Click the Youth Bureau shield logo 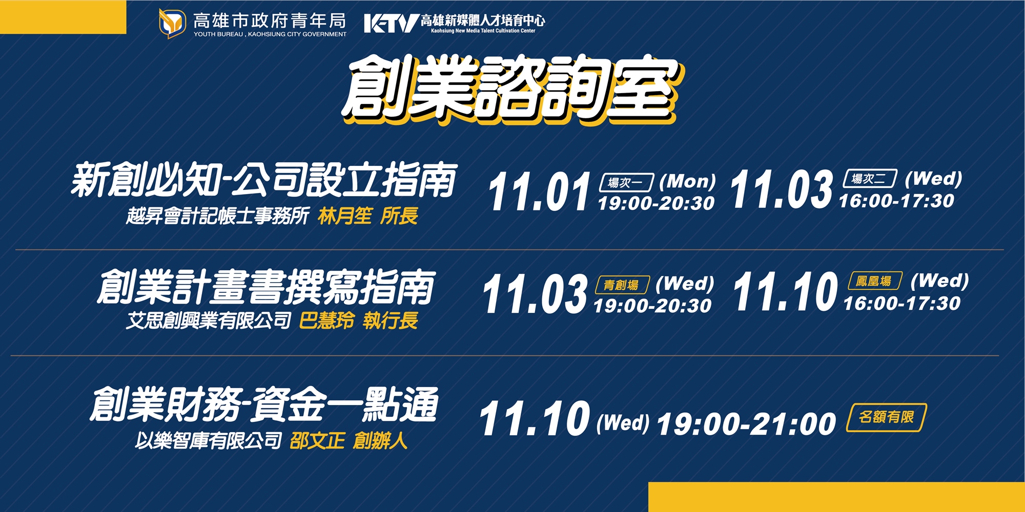pos(172,23)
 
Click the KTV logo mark pos(392,23)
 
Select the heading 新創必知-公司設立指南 pos(263,180)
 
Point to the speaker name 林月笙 pos(345,216)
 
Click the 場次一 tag pos(626,182)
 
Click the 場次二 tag pos(870,178)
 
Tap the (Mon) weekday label pos(687,181)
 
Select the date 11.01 pos(540,191)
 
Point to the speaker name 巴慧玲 pos(327,321)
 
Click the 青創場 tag pos(622,285)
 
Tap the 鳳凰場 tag pos(875,281)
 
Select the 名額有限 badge pos(887,417)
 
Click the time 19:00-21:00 pos(746,424)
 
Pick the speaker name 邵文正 pos(317,440)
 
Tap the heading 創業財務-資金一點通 pos(264,404)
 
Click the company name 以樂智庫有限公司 pos(209,440)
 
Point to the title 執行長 pos(391,321)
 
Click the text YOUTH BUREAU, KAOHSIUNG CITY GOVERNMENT pos(270,34)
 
